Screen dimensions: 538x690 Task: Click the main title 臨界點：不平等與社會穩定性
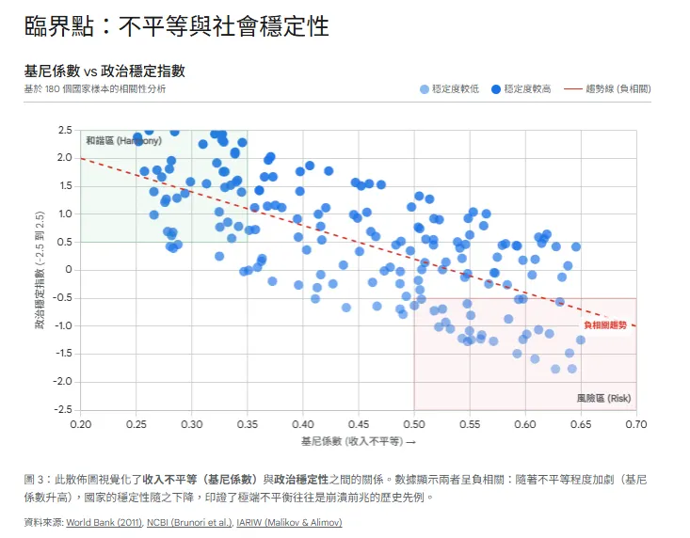pyautogui.click(x=177, y=25)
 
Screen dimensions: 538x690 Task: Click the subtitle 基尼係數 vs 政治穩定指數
pyautogui.click(x=104, y=71)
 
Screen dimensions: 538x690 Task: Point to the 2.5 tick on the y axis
pyautogui.click(x=64, y=130)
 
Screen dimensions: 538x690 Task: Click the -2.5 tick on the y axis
pyautogui.click(x=62, y=410)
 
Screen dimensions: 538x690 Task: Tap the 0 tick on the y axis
pyautogui.click(x=69, y=270)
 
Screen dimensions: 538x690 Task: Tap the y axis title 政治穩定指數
pyautogui.click(x=40, y=270)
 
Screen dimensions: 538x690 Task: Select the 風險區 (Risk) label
pyautogui.click(x=603, y=398)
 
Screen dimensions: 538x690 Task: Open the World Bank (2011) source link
pyautogui.click(x=103, y=522)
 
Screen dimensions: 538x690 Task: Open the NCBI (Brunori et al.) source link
pyautogui.click(x=188, y=522)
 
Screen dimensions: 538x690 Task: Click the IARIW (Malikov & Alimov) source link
pyautogui.click(x=290, y=522)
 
